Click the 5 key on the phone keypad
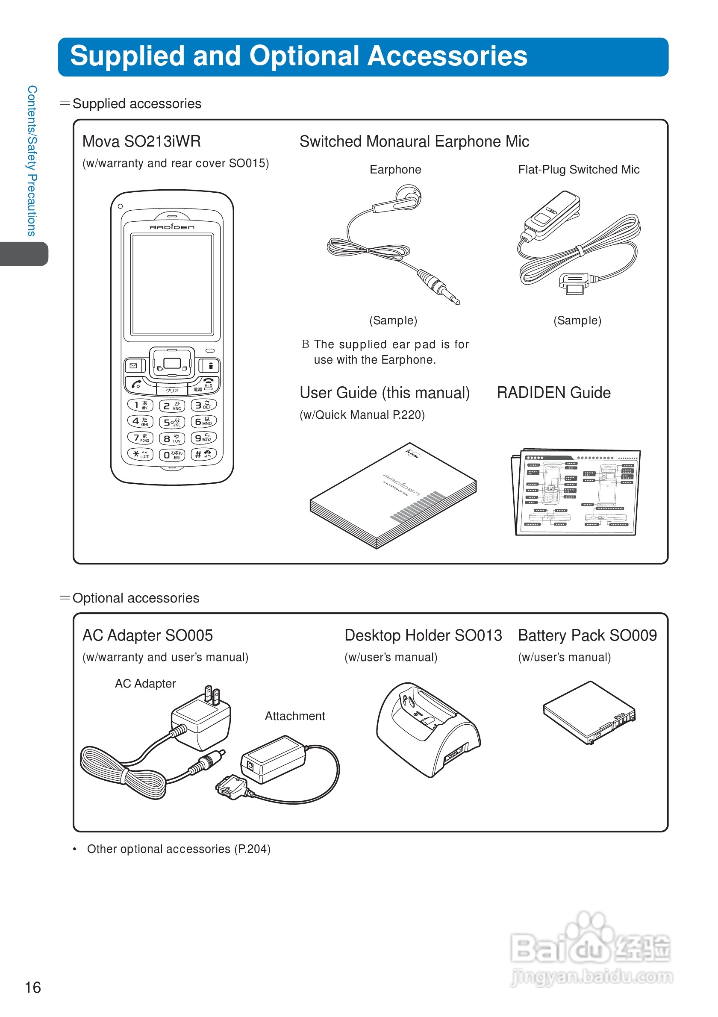click(171, 422)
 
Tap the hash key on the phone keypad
click(203, 454)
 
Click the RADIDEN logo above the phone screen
click(172, 227)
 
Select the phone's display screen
click(172, 284)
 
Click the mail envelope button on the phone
click(134, 366)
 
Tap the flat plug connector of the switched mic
click(574, 283)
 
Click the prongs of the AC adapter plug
click(212, 695)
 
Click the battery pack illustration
click(589, 712)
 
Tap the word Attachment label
click(294, 716)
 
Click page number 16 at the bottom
click(32, 988)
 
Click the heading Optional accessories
click(135, 598)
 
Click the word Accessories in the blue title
click(447, 56)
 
